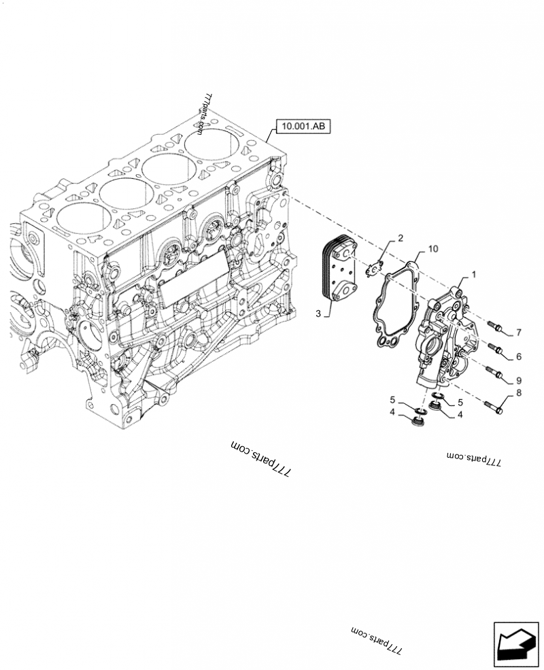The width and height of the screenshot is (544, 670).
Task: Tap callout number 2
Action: (x=401, y=238)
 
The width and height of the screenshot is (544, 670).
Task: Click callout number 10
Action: (x=434, y=250)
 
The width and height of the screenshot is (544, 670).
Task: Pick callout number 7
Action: (x=518, y=333)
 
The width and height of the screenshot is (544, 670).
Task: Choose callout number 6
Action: (x=518, y=356)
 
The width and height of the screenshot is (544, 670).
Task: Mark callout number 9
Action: (x=518, y=380)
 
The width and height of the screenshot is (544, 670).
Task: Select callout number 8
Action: (x=518, y=392)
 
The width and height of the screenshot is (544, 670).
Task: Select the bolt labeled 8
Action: (x=494, y=407)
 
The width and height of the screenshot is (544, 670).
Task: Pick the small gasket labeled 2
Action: (x=375, y=267)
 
